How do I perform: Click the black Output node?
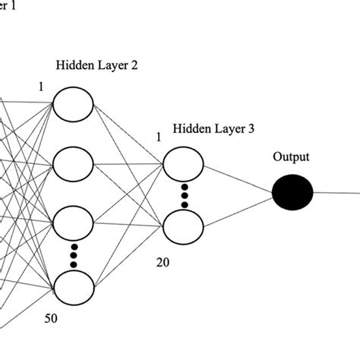[x=293, y=191]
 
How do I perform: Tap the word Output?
[x=292, y=157]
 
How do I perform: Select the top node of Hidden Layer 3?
[x=183, y=161]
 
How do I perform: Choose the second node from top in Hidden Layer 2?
[x=73, y=163]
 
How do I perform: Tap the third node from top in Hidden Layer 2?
[x=73, y=223]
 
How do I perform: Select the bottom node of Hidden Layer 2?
[x=73, y=286]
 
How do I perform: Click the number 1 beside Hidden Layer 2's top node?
[x=41, y=87]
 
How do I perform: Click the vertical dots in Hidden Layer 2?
[x=73, y=255]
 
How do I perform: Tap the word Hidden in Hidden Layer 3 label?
[x=190, y=129]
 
